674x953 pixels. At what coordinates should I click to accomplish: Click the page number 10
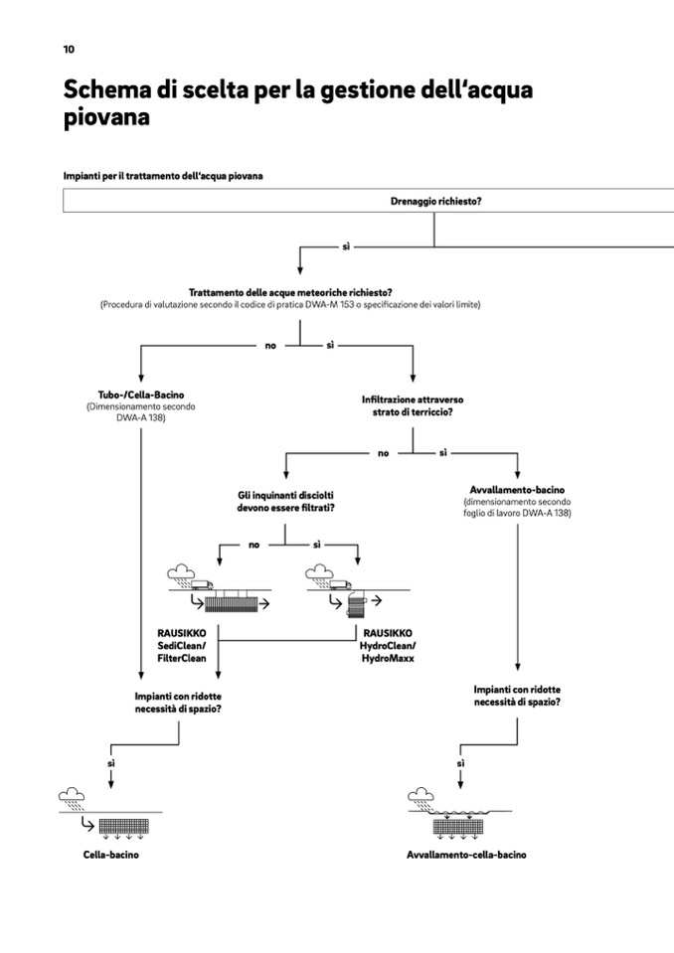(x=68, y=49)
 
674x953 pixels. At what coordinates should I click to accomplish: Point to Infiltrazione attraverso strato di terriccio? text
(x=412, y=404)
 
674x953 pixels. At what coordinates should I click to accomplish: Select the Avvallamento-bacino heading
(x=517, y=490)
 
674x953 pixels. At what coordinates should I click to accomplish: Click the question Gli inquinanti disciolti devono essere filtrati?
(x=284, y=501)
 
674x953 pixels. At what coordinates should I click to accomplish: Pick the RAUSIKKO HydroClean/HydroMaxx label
(x=388, y=645)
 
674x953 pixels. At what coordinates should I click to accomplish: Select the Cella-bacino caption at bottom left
(x=110, y=855)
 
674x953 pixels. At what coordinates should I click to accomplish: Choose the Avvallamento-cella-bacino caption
(x=466, y=855)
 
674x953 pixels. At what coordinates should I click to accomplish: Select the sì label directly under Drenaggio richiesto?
(x=346, y=244)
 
